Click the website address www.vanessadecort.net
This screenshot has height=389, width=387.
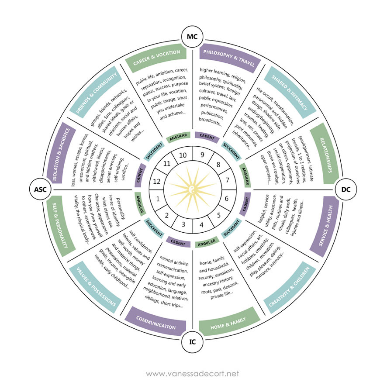193,374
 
